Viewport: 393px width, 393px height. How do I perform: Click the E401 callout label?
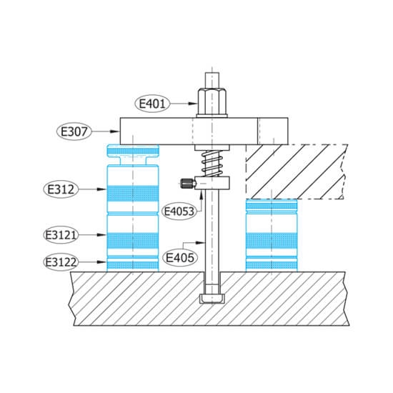pyautogui.click(x=152, y=104)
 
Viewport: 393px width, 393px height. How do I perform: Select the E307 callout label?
pyautogui.click(x=74, y=131)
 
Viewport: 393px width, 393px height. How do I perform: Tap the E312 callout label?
pyautogui.click(x=61, y=189)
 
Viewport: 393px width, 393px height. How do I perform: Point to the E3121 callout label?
pyautogui.click(x=61, y=235)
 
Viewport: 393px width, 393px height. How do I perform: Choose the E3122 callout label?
pyautogui.click(x=61, y=262)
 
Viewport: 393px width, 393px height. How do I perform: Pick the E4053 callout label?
pyautogui.click(x=179, y=212)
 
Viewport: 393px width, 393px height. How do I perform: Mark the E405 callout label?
pyautogui.click(x=180, y=257)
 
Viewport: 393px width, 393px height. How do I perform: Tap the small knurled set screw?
pyautogui.click(x=187, y=183)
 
